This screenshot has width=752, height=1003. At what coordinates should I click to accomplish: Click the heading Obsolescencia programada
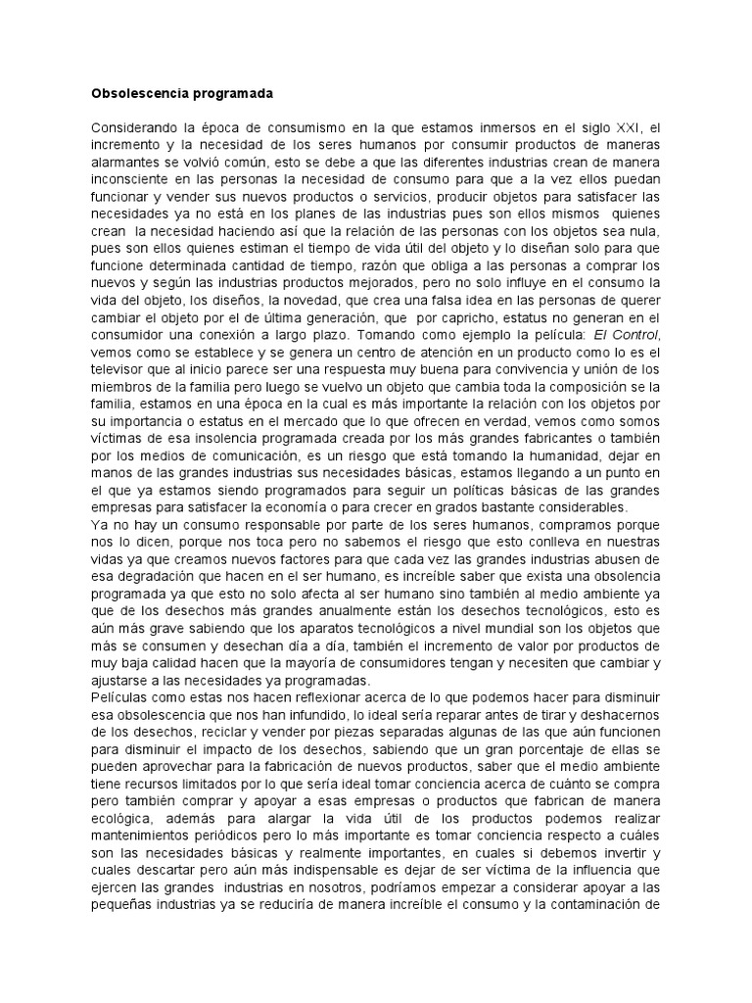click(x=181, y=95)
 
